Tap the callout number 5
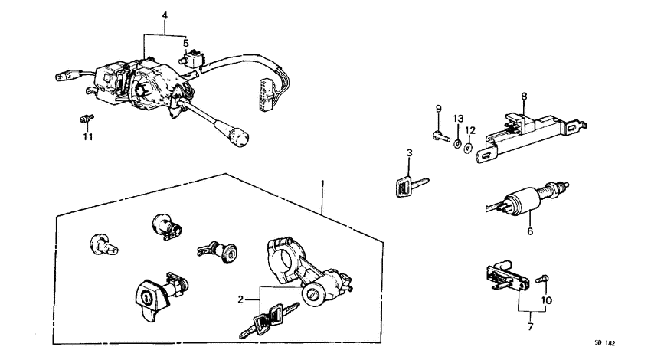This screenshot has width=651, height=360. (185, 43)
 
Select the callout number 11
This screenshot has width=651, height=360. (88, 136)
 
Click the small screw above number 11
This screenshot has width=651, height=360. (87, 119)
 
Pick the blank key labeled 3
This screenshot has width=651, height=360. (411, 186)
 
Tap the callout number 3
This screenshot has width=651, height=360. (410, 154)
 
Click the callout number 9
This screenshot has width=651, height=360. (440, 108)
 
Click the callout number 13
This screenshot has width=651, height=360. (457, 118)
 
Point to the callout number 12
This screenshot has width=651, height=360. (471, 129)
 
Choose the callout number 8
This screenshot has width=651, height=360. (525, 97)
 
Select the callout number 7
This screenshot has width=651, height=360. (528, 327)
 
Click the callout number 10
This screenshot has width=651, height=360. (547, 301)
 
